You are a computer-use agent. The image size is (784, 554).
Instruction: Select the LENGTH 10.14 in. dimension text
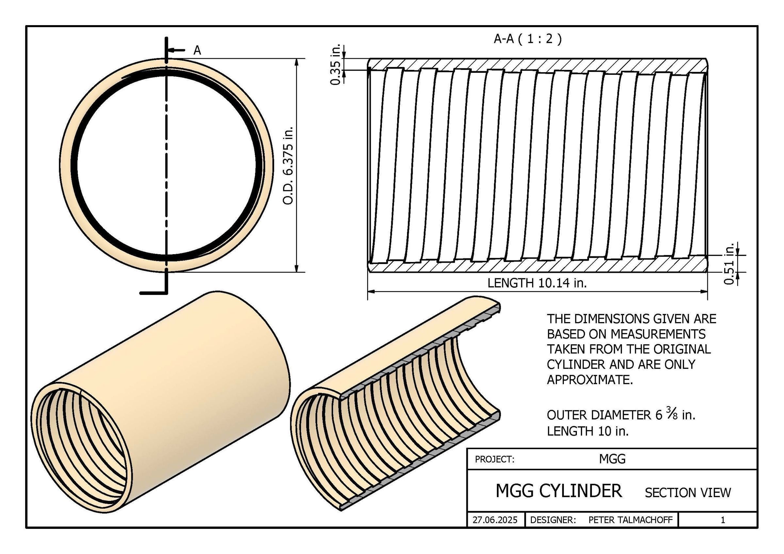537,283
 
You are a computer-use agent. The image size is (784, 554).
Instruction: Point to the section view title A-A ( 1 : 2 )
528,39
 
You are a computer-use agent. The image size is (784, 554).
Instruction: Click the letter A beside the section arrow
197,51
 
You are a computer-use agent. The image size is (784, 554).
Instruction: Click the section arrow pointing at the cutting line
176,50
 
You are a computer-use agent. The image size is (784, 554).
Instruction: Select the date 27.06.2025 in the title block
495,520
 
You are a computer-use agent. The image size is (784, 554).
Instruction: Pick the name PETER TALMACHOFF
630,520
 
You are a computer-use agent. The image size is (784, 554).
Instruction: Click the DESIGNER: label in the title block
553,520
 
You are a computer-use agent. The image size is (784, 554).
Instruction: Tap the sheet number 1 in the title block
723,520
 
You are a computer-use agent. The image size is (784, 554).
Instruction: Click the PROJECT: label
495,460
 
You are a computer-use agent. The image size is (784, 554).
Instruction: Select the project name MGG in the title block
612,459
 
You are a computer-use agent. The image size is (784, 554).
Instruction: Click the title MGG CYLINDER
559,491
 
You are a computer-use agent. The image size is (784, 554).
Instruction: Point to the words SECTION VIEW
688,493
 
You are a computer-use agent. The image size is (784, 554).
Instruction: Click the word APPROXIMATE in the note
589,380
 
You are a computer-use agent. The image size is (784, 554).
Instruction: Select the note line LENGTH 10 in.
587,432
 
